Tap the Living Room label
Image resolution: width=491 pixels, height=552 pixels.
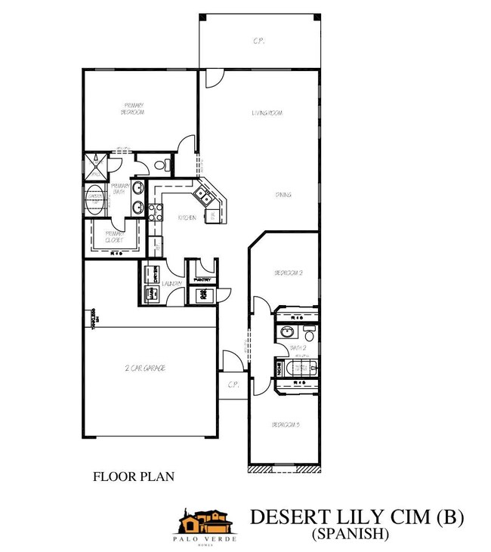(x=267, y=113)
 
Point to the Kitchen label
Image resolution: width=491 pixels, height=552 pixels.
(x=187, y=218)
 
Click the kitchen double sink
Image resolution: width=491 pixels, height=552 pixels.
(x=204, y=196)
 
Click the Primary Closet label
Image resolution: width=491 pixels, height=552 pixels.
(x=113, y=236)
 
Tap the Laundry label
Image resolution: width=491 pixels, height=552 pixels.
(x=171, y=284)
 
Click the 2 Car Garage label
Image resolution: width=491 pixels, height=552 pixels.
(x=145, y=369)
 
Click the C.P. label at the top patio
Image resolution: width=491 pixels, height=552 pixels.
(x=259, y=42)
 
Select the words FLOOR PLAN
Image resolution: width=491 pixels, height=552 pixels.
(x=133, y=476)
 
